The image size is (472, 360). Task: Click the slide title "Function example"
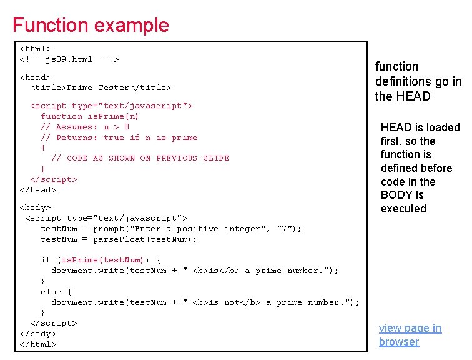click(x=91, y=25)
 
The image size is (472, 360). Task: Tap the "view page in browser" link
click(x=410, y=335)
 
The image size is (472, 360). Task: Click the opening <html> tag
click(x=36, y=48)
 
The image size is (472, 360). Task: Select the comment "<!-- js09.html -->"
click(x=69, y=59)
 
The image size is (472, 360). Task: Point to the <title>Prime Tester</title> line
click(x=101, y=87)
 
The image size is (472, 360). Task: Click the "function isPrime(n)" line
click(x=90, y=116)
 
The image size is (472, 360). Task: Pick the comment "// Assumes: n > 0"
click(x=85, y=127)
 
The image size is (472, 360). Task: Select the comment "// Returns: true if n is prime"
click(x=119, y=137)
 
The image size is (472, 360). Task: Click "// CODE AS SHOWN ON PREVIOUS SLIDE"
click(x=140, y=158)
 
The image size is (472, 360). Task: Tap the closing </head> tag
click(x=38, y=189)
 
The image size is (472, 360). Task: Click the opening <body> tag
click(x=36, y=207)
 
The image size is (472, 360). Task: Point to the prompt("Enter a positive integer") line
click(x=171, y=229)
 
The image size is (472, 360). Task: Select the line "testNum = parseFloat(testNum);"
click(x=119, y=239)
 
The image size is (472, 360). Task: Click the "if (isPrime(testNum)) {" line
click(x=101, y=260)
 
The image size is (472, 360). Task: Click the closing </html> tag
click(x=38, y=344)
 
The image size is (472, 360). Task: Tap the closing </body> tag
click(x=38, y=334)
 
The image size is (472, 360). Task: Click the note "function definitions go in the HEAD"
click(x=418, y=81)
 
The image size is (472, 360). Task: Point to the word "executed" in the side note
click(x=403, y=209)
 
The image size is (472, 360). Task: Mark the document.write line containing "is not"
click(x=205, y=302)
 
